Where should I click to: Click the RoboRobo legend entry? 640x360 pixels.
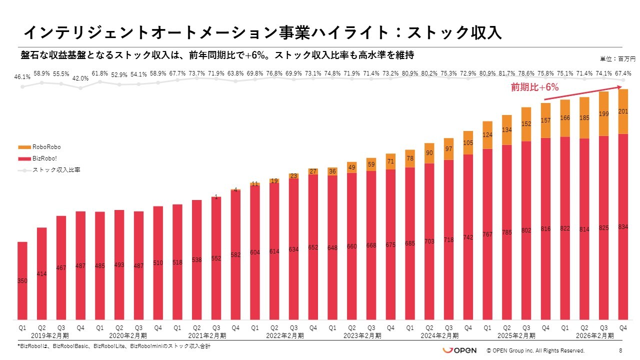click(x=46, y=147)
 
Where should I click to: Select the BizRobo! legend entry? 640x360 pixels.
click(x=44, y=158)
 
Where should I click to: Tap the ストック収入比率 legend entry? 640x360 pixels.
click(x=56, y=170)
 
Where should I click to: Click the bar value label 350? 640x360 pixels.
click(x=22, y=281)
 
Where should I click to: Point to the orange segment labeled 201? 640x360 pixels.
click(x=623, y=111)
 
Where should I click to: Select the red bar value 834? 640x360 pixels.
click(x=623, y=227)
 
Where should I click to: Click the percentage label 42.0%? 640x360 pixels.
click(x=80, y=78)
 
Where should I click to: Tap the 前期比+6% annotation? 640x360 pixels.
click(x=534, y=87)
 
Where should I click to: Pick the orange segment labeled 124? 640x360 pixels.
click(x=488, y=135)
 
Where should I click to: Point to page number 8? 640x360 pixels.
click(x=620, y=350)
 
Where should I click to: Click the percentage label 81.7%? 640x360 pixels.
click(x=507, y=73)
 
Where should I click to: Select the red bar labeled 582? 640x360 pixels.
click(x=235, y=255)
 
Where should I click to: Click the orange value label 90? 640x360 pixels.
click(x=429, y=153)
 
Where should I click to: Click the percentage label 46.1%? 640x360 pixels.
click(x=22, y=77)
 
